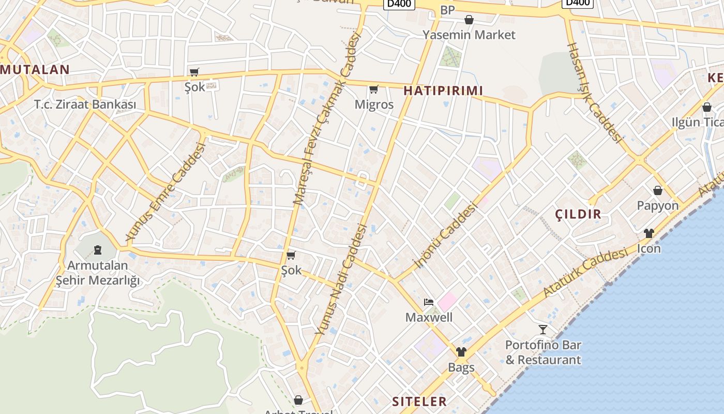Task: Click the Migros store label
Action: tap(374, 105)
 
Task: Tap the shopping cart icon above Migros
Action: tap(374, 89)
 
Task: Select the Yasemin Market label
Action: tap(469, 35)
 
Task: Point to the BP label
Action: tap(447, 10)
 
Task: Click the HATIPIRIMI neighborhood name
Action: tap(443, 91)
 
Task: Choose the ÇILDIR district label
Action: tap(578, 214)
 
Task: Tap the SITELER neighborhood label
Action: tap(419, 402)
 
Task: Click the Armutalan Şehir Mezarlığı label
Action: tap(98, 273)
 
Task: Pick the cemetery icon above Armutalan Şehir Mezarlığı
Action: tap(98, 250)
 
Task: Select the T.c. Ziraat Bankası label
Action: tap(85, 105)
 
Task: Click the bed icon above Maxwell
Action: tap(428, 302)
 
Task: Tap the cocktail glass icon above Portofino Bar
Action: tap(543, 329)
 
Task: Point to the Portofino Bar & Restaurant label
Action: tap(543, 352)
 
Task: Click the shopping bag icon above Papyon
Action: tap(658, 190)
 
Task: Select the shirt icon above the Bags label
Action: tap(461, 352)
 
